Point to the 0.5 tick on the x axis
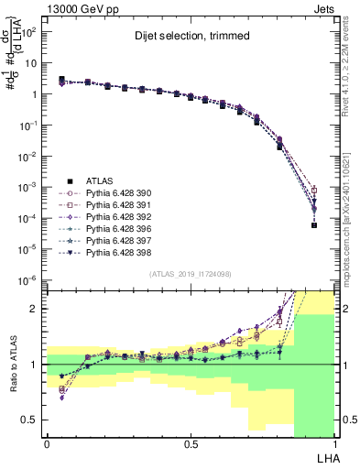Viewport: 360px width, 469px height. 191,443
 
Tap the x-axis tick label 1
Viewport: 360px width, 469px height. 335,443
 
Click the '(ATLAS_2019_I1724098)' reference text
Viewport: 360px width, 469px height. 191,275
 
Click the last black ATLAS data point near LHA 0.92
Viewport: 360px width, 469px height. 313,251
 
